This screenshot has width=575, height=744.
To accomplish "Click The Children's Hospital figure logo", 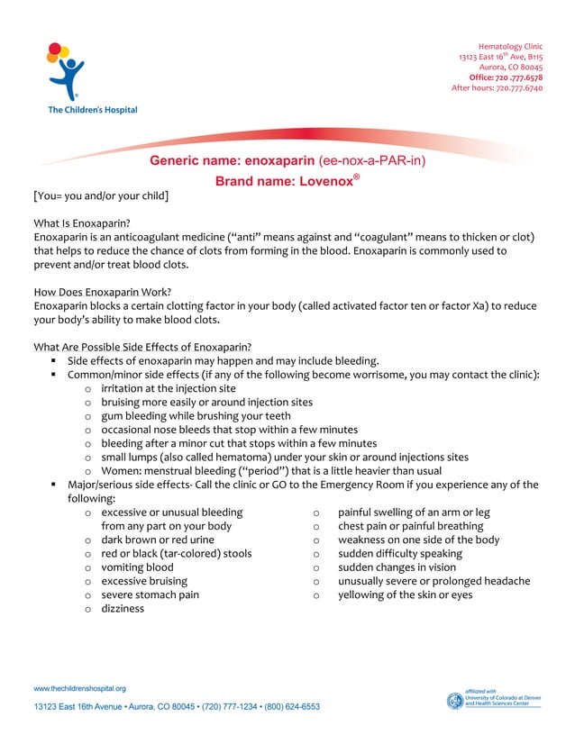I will (x=65, y=72).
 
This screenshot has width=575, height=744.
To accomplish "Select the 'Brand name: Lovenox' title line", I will (x=287, y=181).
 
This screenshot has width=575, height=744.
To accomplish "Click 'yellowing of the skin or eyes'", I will (x=405, y=594).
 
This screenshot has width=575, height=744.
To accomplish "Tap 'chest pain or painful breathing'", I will (x=410, y=526).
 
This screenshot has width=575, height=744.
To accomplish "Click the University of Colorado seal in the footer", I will (x=454, y=701).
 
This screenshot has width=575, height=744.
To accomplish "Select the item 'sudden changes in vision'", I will (x=397, y=567).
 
